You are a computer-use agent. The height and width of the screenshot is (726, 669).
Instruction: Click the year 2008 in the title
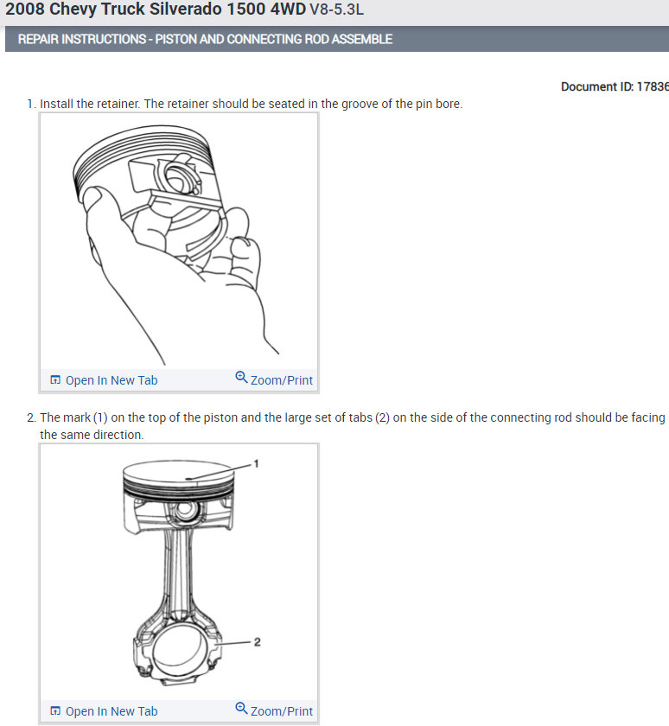25,11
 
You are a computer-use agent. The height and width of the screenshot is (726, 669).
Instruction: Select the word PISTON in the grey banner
176,40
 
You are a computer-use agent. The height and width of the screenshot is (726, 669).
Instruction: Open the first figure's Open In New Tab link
111,380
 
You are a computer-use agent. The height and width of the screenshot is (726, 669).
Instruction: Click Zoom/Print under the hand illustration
281,380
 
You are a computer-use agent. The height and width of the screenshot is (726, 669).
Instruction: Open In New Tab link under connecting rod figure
111,711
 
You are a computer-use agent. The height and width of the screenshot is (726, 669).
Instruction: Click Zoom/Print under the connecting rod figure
281,711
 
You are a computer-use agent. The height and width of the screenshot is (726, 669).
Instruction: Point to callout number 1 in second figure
255,464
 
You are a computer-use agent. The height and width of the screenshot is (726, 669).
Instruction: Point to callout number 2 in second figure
256,642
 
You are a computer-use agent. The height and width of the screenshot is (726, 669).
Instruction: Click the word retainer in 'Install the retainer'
116,104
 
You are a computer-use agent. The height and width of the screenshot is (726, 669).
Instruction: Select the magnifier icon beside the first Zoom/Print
241,378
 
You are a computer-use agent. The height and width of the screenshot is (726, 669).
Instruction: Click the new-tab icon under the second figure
55,711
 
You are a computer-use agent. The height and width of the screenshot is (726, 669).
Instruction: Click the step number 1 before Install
30,104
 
